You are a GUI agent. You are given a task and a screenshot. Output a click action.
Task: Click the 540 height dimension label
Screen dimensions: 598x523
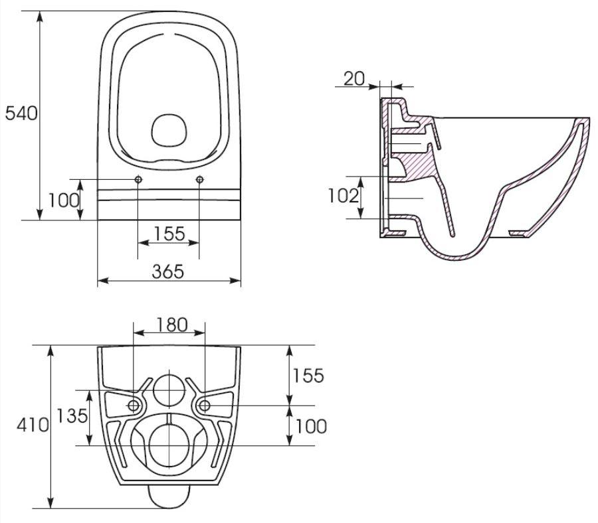21,113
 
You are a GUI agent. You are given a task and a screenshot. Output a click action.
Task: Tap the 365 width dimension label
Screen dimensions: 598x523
168,271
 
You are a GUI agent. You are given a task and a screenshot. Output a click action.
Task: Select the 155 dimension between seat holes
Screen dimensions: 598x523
169,234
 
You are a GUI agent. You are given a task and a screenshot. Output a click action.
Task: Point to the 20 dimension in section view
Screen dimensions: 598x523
354,79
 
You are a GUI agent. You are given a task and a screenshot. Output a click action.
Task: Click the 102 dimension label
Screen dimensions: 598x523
344,196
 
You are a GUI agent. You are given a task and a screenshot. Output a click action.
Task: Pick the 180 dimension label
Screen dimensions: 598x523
172,325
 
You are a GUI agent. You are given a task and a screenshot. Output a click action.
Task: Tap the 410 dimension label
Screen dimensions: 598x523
33,425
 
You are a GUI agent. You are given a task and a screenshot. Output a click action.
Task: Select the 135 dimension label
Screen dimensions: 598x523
72,415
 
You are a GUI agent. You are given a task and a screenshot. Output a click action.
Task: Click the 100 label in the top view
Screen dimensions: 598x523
64,200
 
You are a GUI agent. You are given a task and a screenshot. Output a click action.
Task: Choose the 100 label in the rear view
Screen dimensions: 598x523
311,426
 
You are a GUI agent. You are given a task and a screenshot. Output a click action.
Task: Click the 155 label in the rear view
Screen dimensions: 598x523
308,376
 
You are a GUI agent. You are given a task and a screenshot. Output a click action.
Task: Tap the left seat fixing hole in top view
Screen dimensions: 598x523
138,179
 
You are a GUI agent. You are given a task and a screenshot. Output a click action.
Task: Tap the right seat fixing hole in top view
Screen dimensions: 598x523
199,179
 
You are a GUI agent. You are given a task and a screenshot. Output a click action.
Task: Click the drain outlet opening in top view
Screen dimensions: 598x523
169,130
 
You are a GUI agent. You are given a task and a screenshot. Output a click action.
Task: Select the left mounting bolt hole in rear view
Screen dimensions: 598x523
134,406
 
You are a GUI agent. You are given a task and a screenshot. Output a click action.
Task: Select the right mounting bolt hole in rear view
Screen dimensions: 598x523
205,406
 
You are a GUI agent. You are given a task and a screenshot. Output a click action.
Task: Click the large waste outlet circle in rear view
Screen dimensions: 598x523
169,445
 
